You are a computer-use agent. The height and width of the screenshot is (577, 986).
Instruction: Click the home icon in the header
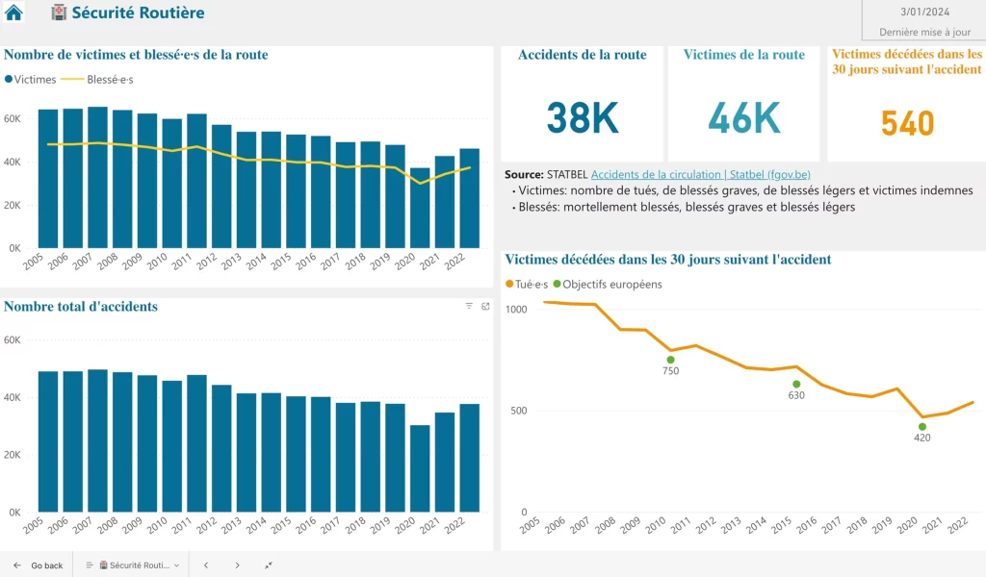(x=14, y=13)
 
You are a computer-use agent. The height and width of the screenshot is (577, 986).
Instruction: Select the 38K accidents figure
(x=583, y=117)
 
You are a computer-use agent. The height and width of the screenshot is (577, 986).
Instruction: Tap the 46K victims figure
(x=743, y=117)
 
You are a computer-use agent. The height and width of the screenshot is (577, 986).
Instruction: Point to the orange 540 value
(x=907, y=124)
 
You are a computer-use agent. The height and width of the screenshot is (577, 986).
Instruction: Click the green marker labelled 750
(x=670, y=360)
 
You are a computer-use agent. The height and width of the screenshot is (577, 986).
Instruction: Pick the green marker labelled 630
(x=796, y=384)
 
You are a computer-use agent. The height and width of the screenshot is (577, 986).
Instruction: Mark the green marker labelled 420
(x=921, y=426)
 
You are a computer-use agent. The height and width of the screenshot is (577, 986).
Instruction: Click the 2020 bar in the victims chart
(x=420, y=208)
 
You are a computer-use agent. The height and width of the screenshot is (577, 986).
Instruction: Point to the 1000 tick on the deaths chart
(x=517, y=310)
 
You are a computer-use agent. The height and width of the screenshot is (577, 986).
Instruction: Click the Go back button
(x=39, y=565)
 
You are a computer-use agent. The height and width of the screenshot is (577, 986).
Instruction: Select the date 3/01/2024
(x=922, y=13)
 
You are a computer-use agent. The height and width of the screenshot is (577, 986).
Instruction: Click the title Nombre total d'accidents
(x=81, y=307)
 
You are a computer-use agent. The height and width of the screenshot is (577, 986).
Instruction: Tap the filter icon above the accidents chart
(x=469, y=306)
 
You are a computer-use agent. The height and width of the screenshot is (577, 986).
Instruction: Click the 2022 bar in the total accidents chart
(x=469, y=458)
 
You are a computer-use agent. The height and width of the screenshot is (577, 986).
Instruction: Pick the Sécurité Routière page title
(x=138, y=13)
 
